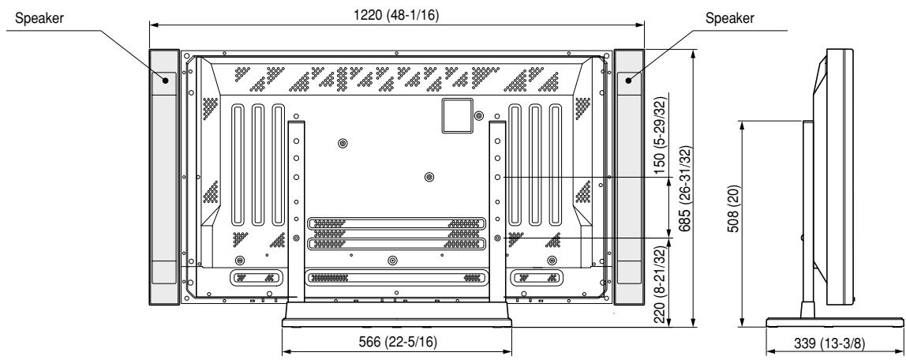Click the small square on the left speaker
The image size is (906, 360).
coord(166,79)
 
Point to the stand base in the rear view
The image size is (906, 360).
coord(397,316)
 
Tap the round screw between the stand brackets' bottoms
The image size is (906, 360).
coord(393,259)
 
